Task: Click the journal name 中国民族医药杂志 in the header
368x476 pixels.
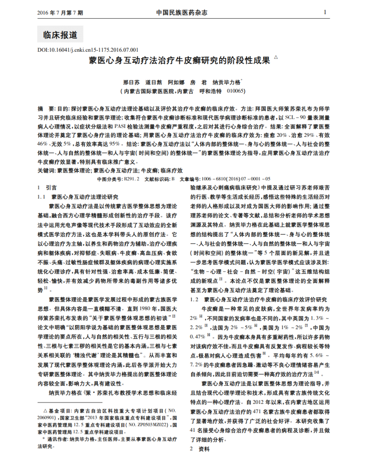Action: point(182,12)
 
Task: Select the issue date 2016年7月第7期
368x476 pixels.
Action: point(61,13)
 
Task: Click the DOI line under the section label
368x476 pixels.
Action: point(88,50)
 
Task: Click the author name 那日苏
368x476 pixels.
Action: point(131,82)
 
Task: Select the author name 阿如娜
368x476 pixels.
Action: point(178,82)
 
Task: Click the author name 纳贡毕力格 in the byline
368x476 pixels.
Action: point(226,82)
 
